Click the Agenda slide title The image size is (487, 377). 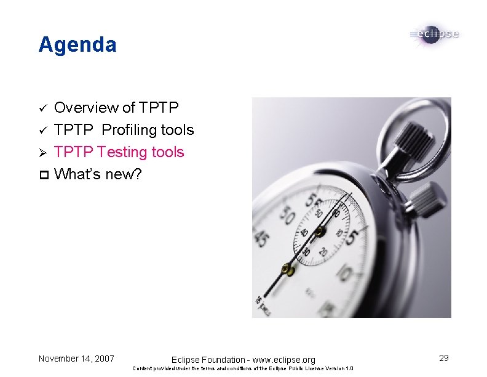[x=77, y=45]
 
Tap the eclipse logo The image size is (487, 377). [x=434, y=34]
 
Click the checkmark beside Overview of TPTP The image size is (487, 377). [x=42, y=108]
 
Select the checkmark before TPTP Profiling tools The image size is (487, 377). [x=42, y=131]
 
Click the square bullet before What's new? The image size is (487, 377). [x=42, y=175]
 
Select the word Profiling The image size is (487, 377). [x=130, y=130]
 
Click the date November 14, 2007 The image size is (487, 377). [x=76, y=358]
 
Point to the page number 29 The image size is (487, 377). [x=443, y=357]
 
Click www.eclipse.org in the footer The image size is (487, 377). [x=283, y=360]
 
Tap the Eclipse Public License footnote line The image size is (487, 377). [x=243, y=369]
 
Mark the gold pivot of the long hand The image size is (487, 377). [x=287, y=269]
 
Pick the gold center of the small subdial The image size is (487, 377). [x=319, y=232]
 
